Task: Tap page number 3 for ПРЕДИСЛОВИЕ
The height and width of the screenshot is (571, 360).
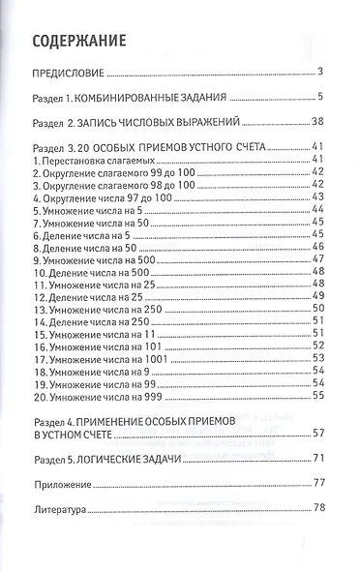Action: [319, 73]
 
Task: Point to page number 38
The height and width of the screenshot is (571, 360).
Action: [316, 124]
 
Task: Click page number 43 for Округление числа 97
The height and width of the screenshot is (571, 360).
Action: [316, 195]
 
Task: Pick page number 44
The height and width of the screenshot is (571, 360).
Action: [316, 208]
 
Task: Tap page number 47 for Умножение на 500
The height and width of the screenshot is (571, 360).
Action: [316, 258]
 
